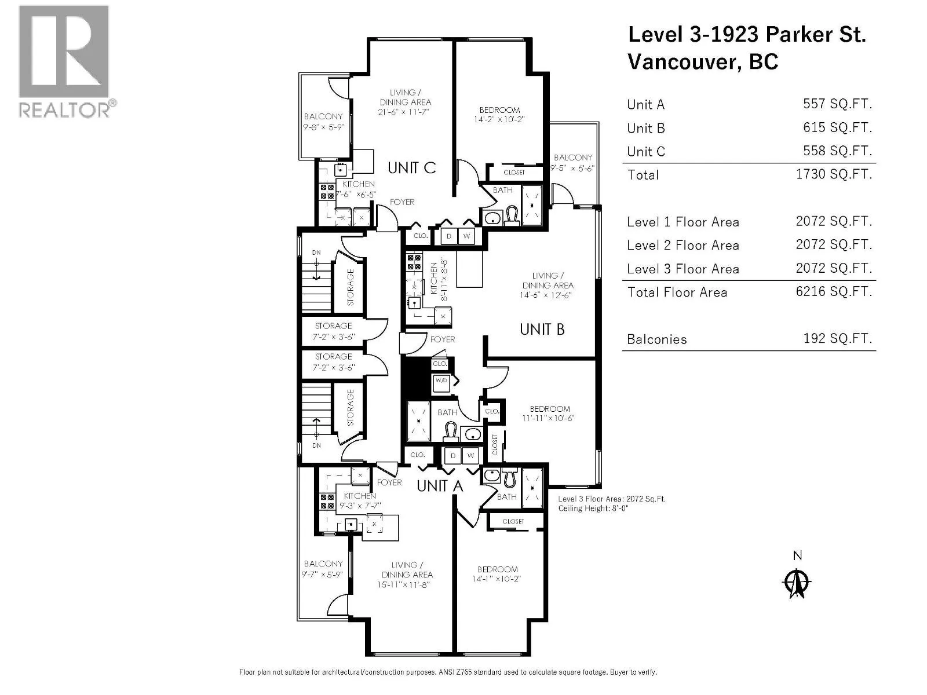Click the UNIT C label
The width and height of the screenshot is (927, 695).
coord(411,168)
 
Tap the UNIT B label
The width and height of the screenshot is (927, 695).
coord(542,329)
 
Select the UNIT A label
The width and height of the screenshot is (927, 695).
coord(440,486)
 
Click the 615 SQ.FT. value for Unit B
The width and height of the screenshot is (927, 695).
coord(837,127)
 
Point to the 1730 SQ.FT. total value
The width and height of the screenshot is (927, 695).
coord(834,174)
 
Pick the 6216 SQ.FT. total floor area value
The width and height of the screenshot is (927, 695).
coord(834,291)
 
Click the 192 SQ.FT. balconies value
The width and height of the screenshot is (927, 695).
coord(837,338)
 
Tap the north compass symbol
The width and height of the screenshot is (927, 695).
coord(797,582)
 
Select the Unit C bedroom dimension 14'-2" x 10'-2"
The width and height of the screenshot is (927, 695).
coord(499,119)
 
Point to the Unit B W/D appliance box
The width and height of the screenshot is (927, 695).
coord(441,382)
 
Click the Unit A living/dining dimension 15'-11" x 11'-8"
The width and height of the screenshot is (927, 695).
coord(404,584)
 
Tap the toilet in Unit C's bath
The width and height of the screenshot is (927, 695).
coord(512,215)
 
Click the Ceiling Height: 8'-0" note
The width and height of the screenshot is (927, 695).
coord(593,508)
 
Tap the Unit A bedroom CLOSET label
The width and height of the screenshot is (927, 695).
coord(513,521)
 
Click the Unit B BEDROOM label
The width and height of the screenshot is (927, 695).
coord(550,409)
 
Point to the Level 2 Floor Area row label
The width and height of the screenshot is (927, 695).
coord(683,245)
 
